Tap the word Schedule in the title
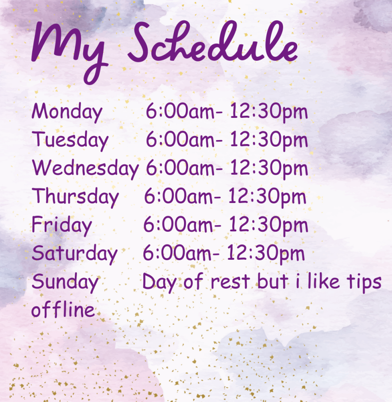coord(213,41)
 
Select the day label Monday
coord(67,112)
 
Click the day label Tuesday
coord(70,140)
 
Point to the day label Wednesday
coord(85,168)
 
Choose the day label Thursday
coord(75,196)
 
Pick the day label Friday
coord(61,225)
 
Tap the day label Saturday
coord(74,254)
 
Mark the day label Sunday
coord(65,281)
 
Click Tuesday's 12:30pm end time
coord(269,141)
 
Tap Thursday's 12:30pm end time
coord(267,197)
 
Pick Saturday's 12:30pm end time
coord(265,254)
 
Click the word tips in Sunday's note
coord(364,282)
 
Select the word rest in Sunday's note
coord(230,281)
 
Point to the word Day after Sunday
coord(159,282)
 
